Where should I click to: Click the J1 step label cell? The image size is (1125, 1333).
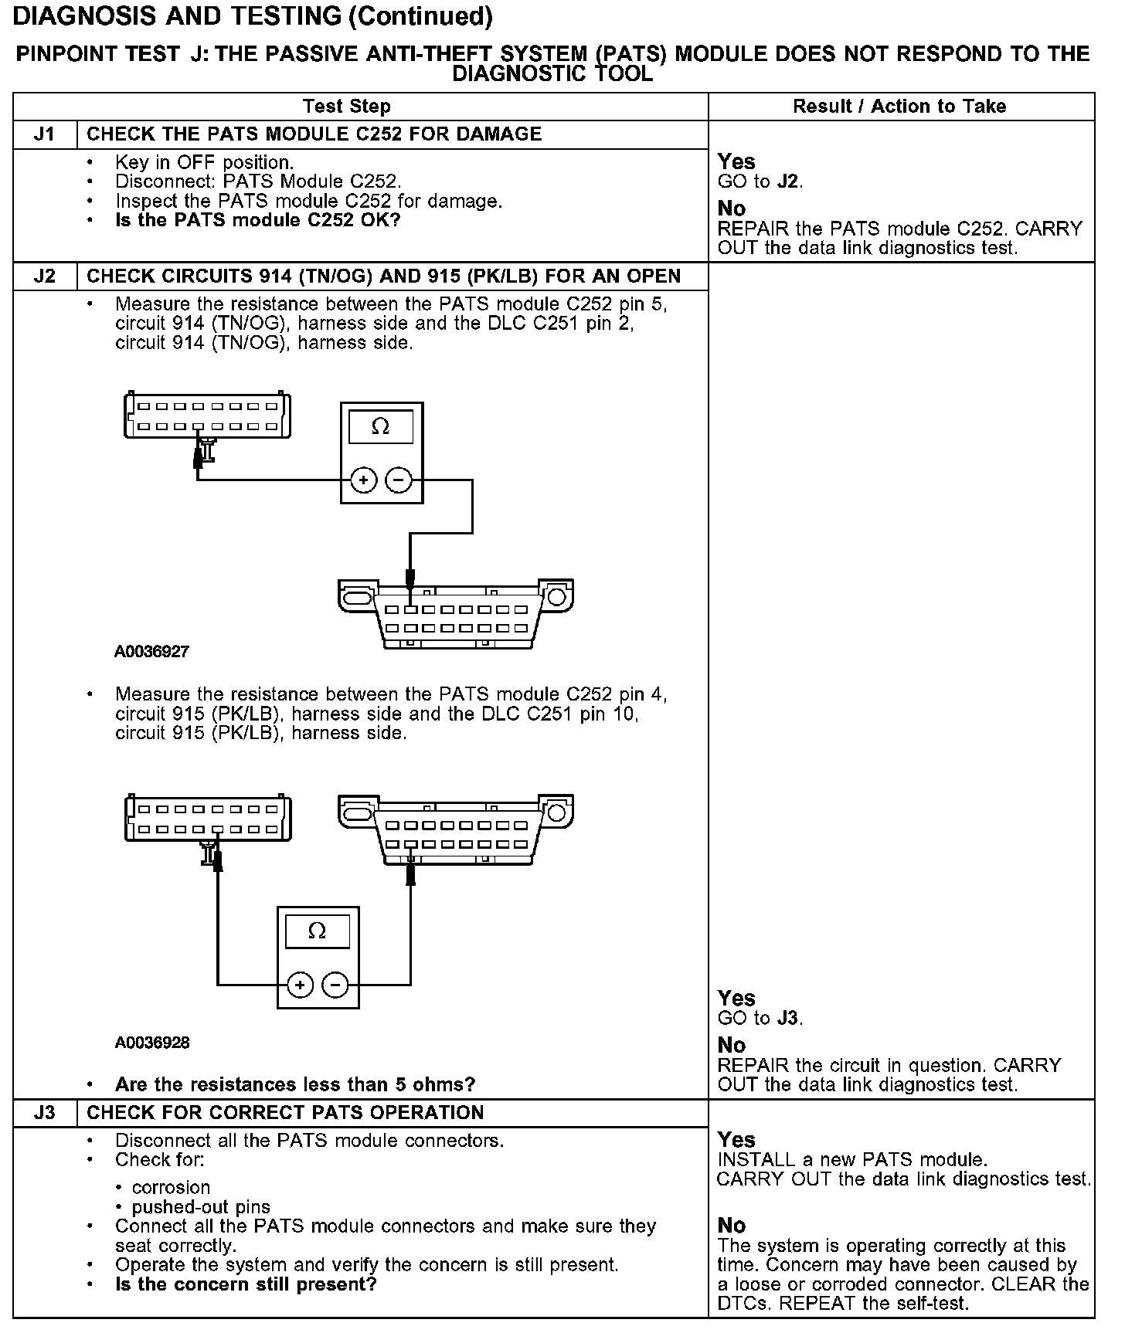click(x=45, y=134)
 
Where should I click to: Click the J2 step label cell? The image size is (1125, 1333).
click(x=45, y=276)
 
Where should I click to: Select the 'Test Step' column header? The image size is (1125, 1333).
click(x=347, y=107)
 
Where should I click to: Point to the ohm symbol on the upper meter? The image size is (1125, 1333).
click(x=380, y=426)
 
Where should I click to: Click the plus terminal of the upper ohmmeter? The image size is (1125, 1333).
click(x=364, y=480)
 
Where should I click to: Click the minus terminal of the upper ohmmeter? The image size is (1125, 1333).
click(x=399, y=480)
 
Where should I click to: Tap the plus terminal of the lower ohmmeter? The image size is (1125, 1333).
click(x=300, y=985)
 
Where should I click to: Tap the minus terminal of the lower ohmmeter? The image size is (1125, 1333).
click(x=335, y=985)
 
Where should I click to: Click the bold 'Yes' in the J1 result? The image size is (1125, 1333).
click(x=736, y=162)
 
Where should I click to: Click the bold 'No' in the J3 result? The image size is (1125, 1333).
click(x=732, y=1226)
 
